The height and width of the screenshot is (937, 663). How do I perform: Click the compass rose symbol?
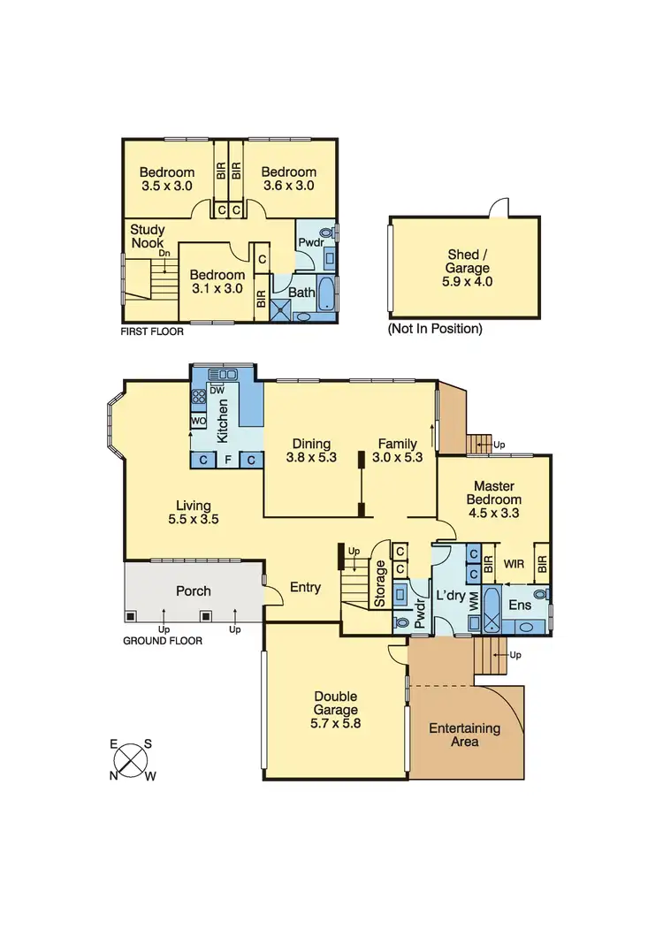tap(131, 759)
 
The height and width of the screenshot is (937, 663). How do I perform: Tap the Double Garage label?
tap(336, 709)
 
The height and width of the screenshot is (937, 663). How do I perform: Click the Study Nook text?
tap(149, 235)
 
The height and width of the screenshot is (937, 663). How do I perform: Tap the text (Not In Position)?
tap(435, 328)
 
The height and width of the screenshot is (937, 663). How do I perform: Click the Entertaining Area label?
tap(464, 735)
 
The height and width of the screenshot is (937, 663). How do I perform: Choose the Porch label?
tap(193, 590)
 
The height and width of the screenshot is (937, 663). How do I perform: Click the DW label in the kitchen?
tap(216, 390)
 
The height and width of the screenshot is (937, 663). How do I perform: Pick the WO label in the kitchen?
tap(199, 421)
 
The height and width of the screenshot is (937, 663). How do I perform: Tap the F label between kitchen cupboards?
tap(227, 460)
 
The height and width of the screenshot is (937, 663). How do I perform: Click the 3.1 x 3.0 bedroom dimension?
tap(217, 289)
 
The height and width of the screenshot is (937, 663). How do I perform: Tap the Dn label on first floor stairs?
tap(164, 254)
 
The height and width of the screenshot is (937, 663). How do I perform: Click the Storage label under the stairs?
tap(381, 584)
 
